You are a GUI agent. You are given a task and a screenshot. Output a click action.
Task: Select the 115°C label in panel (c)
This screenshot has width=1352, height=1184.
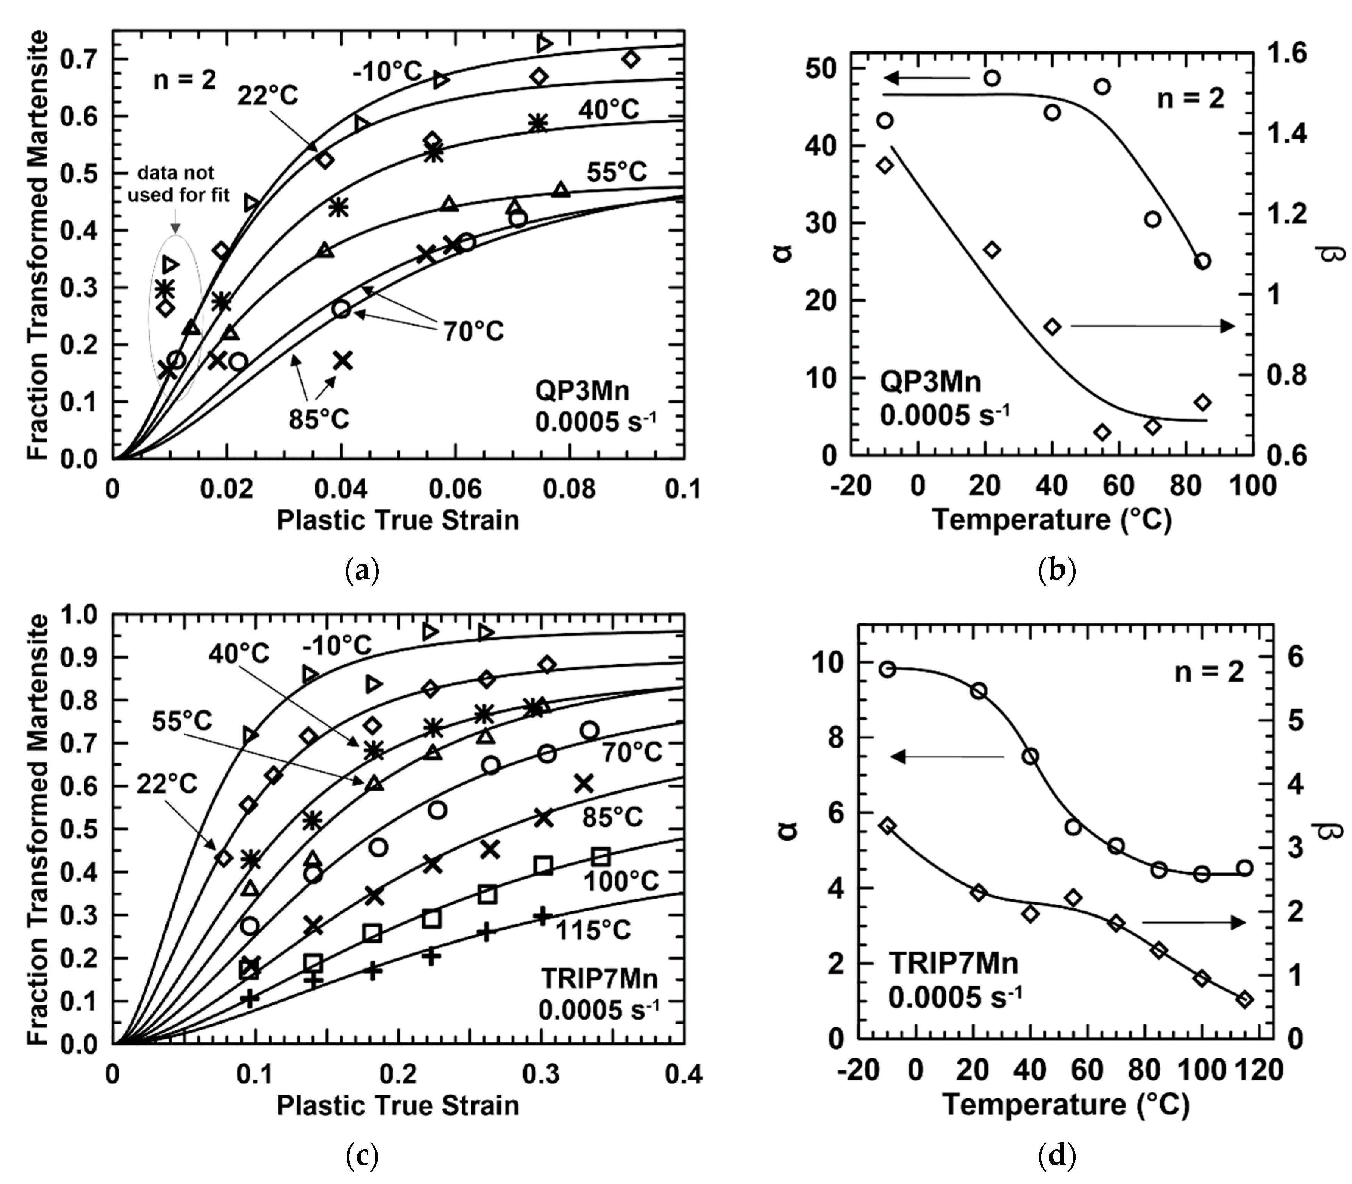pos(593,930)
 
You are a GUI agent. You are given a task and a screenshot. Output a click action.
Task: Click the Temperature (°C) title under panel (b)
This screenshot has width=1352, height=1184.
pos(1051,520)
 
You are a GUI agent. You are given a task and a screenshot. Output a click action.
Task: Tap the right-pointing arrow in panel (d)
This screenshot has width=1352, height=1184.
pos(1193,922)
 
